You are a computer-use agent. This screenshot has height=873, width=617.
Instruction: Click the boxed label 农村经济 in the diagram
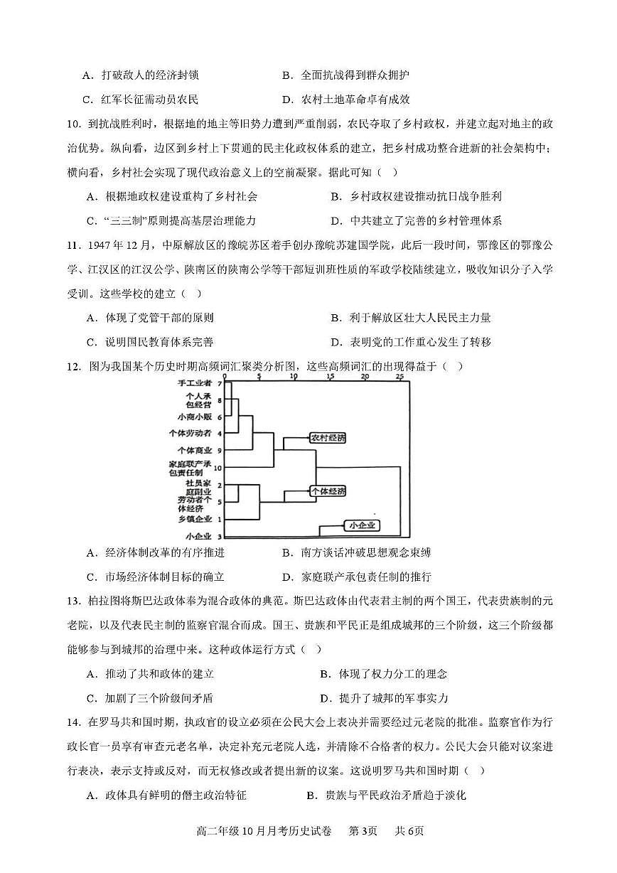tap(327, 438)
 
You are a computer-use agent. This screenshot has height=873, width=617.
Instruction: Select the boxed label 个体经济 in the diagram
tap(327, 491)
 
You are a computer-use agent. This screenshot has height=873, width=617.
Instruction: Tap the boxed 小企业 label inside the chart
tap(362, 526)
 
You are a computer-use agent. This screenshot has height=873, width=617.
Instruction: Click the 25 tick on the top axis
tap(399, 376)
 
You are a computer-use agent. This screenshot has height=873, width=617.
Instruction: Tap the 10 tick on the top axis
tap(293, 376)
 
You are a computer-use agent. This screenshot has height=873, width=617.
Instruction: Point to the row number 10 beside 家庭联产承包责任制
tap(218, 468)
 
